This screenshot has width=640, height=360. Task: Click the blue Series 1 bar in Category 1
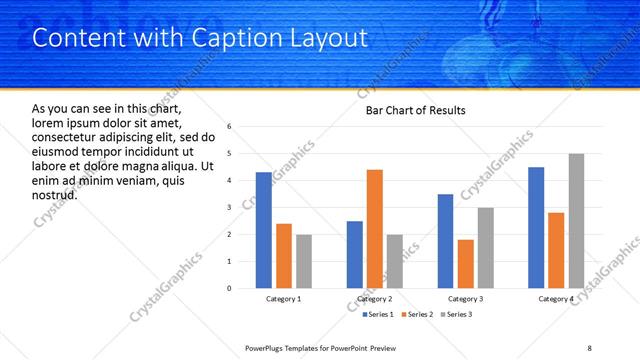263,230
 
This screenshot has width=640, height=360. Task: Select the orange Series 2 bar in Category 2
375,229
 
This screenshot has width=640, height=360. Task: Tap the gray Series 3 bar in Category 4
576,221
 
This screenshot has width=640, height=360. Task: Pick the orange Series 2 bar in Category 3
465,264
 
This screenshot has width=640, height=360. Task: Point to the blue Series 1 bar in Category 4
536,227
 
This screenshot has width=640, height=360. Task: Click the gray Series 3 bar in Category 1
303,261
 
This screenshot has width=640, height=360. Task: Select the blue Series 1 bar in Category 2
355,254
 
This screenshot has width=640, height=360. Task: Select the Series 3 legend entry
457,315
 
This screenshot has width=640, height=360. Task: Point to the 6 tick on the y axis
230,127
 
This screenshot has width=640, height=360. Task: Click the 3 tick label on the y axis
230,208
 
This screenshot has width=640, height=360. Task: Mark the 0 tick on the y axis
230,289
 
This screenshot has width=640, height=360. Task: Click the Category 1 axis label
284,299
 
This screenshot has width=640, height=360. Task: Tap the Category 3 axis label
465,299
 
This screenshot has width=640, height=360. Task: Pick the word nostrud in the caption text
55,194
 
